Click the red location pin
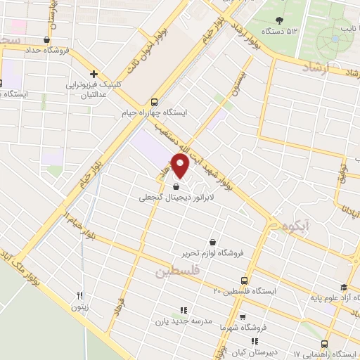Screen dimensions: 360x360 click(181, 165)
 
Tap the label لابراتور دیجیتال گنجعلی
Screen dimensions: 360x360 click(179, 199)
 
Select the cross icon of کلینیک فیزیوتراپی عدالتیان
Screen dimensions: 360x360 click(93, 74)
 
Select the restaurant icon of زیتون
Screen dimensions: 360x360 click(80, 296)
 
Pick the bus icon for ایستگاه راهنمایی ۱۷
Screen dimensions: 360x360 click(324, 344)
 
